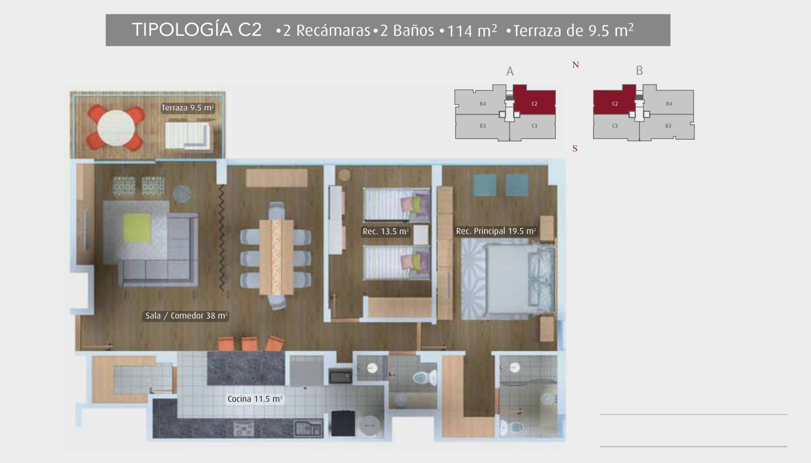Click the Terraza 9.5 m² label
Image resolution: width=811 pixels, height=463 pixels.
[188, 108]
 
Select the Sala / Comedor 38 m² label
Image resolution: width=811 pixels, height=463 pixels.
[186, 316]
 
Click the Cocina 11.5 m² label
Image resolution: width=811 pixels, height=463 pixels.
[255, 399]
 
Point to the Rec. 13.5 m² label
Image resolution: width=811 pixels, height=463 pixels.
[386, 231]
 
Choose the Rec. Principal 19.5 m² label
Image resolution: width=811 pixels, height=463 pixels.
[496, 231]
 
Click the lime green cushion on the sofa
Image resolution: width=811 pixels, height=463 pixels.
[137, 228]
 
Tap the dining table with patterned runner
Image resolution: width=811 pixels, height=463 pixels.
[276, 257]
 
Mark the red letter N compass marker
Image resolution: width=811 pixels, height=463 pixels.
[575, 65]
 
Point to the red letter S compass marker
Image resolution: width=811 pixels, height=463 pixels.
[575, 149]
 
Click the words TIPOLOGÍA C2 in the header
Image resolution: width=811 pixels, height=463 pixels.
[197, 30]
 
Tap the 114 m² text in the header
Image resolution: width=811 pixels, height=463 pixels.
[472, 30]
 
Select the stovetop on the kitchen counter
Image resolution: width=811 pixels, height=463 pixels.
[244, 429]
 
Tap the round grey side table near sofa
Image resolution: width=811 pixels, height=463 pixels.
[182, 194]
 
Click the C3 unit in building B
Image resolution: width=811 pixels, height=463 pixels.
[615, 126]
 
